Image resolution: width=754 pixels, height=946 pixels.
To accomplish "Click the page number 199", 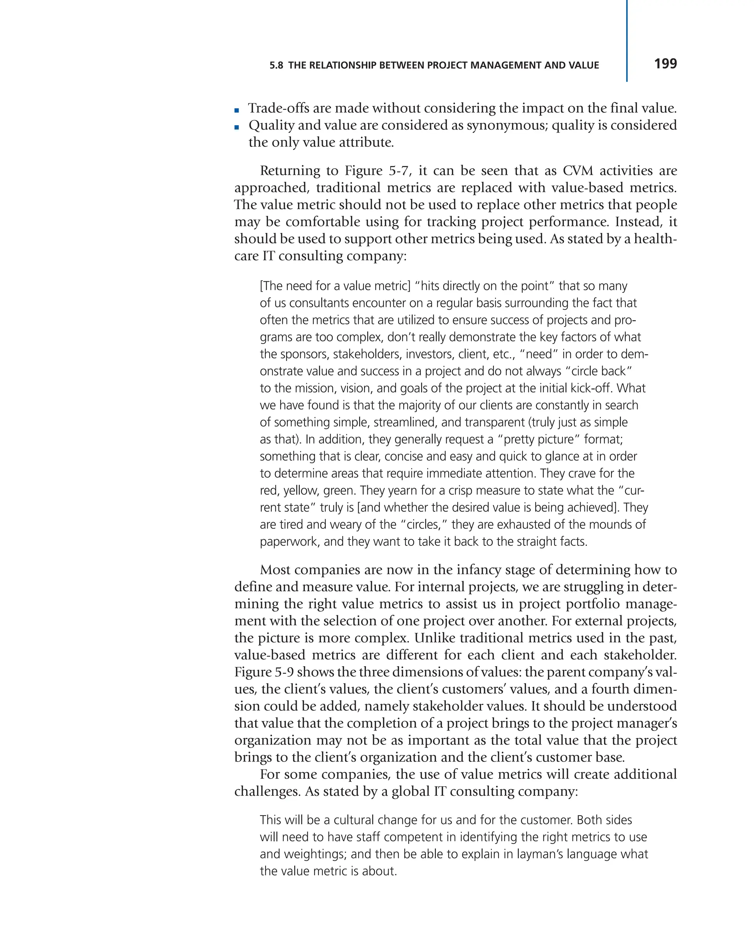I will pos(665,64).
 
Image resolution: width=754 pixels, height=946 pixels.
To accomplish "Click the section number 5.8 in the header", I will pos(276,66).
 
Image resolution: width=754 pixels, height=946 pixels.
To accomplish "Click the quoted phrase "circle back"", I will pos(598,371).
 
